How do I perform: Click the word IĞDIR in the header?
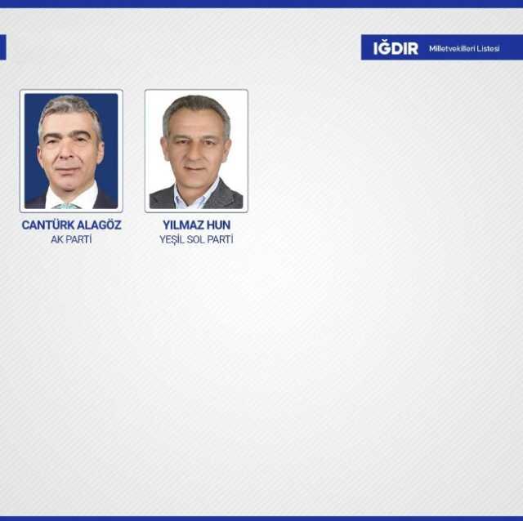click(396, 48)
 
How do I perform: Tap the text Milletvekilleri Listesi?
click(464, 48)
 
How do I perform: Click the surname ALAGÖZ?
click(99, 225)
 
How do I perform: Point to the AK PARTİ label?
click(71, 239)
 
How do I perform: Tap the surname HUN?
click(219, 225)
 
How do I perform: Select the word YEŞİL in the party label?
click(173, 239)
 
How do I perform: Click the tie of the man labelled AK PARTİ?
click(68, 205)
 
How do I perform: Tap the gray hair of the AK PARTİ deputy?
click(69, 107)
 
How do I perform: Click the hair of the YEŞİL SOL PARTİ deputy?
click(196, 106)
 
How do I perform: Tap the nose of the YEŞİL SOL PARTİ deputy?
click(196, 154)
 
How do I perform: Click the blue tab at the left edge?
click(2, 47)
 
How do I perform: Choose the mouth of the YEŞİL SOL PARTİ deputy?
click(196, 168)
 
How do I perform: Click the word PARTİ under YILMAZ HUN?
click(221, 239)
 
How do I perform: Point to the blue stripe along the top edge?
click(261, 3)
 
